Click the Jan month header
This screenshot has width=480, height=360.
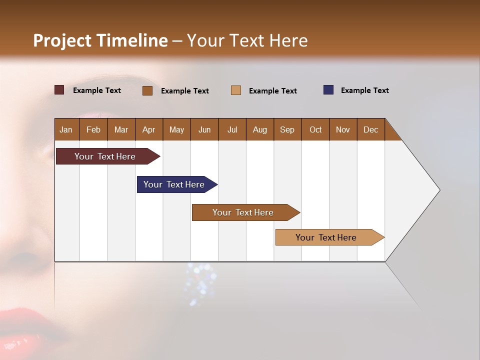pos(66,129)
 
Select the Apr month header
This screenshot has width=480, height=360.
pos(149,129)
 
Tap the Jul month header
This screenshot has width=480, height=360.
pos(232,129)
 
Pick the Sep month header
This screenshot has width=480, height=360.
pos(287,129)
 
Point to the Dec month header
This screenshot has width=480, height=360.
pos(370,129)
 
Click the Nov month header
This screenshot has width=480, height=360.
pos(343,129)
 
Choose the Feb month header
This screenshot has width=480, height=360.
pos(93,129)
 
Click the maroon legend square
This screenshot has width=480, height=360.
pos(59,90)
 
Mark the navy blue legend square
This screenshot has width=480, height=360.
pos(328,90)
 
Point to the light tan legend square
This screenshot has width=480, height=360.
pos(236,90)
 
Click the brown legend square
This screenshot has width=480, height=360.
pos(147,90)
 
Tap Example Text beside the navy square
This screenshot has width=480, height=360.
pos(364,90)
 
